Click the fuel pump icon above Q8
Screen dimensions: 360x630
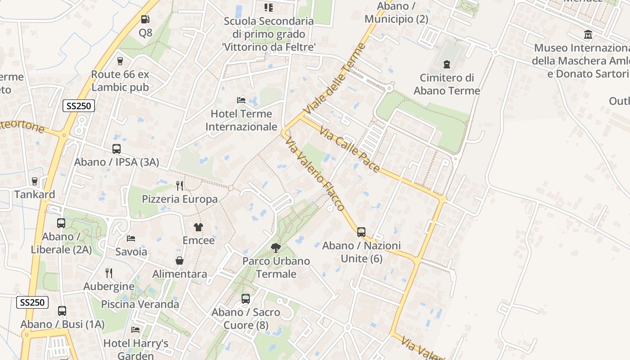(145, 19)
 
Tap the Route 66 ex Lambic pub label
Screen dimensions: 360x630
(120, 81)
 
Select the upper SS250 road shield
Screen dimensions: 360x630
(79, 106)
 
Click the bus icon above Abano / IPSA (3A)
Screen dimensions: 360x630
(117, 149)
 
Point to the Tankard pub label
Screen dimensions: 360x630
(35, 194)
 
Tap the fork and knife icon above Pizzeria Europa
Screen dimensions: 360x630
(180, 185)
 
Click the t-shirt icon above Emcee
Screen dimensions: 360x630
(198, 227)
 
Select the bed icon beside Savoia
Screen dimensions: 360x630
(131, 238)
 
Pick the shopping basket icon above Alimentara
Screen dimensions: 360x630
(180, 261)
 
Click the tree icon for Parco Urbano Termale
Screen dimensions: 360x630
(276, 247)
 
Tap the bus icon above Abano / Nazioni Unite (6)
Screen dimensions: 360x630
(361, 232)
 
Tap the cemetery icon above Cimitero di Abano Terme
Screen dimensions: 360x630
(447, 64)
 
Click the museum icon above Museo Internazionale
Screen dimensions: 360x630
(588, 35)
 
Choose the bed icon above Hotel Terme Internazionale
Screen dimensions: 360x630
(241, 100)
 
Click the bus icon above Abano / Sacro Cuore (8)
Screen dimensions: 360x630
(246, 298)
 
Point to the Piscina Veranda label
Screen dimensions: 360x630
(140, 304)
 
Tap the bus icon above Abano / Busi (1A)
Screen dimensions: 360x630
(62, 311)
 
